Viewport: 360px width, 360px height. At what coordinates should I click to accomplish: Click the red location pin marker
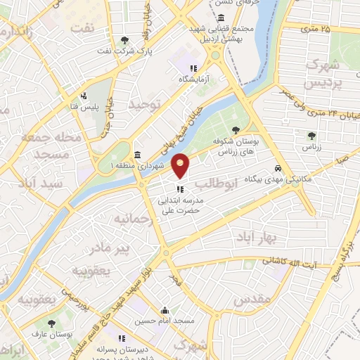coord(181,165)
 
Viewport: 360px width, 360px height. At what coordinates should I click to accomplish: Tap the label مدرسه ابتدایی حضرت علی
coord(179,205)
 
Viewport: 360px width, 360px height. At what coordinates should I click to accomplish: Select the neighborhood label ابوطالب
coord(217,184)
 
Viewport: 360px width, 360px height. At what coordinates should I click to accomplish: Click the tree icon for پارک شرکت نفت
coord(125,40)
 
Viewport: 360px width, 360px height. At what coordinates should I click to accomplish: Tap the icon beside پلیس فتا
coord(84,95)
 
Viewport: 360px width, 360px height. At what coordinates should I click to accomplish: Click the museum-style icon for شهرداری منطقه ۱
coord(137,154)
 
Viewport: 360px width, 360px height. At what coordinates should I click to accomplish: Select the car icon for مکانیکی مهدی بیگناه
coord(279,169)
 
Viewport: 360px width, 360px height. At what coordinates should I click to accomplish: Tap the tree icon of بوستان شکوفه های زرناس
coord(235,130)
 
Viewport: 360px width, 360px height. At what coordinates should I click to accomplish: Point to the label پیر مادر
coord(108,247)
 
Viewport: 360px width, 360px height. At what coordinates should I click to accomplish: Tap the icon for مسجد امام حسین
coord(165,310)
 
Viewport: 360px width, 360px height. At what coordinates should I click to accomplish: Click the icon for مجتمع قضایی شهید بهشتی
coord(221,18)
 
